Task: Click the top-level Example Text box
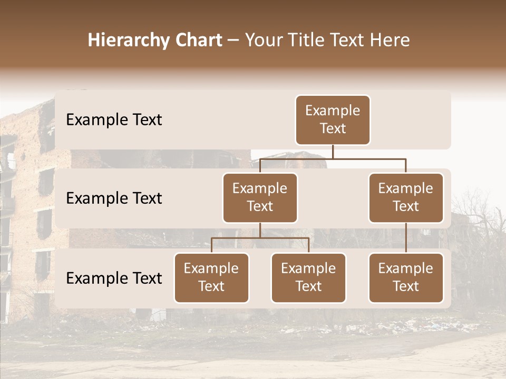333,120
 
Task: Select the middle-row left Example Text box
260,197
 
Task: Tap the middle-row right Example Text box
406,197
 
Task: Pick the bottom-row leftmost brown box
211,277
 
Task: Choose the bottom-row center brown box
308,277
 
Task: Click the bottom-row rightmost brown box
406,277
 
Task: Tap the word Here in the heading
391,41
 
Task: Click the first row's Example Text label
114,120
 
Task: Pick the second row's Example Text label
114,198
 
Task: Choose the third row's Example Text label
114,278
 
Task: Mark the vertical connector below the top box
333,152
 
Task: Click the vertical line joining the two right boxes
406,238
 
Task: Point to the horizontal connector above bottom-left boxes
260,238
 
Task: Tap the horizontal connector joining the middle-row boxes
333,158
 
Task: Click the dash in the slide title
233,41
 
